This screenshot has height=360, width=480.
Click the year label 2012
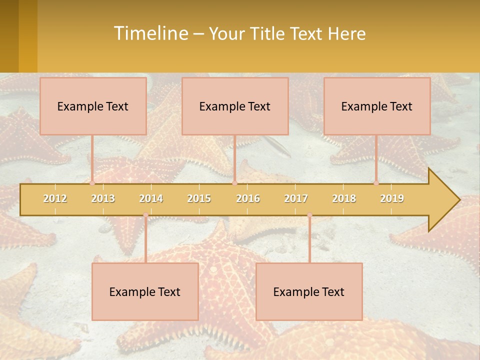(55, 198)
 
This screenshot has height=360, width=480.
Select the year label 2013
(103, 198)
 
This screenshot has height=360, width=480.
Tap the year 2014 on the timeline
(151, 198)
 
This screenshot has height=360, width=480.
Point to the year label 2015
(199, 198)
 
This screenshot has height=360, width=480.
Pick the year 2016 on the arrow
(248, 198)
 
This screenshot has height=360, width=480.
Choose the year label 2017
(296, 198)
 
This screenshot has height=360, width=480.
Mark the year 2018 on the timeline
(344, 198)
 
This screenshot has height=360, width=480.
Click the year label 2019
(392, 198)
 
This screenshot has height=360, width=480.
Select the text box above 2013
(93, 106)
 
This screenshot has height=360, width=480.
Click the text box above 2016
(235, 106)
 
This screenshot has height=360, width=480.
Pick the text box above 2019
(377, 106)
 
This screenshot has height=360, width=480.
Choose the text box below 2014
(145, 291)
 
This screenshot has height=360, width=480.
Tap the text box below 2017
(309, 291)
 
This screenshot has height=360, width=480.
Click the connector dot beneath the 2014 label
(145, 215)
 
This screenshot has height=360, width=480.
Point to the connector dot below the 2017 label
(309, 215)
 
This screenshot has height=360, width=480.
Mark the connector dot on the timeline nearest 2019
(376, 183)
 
